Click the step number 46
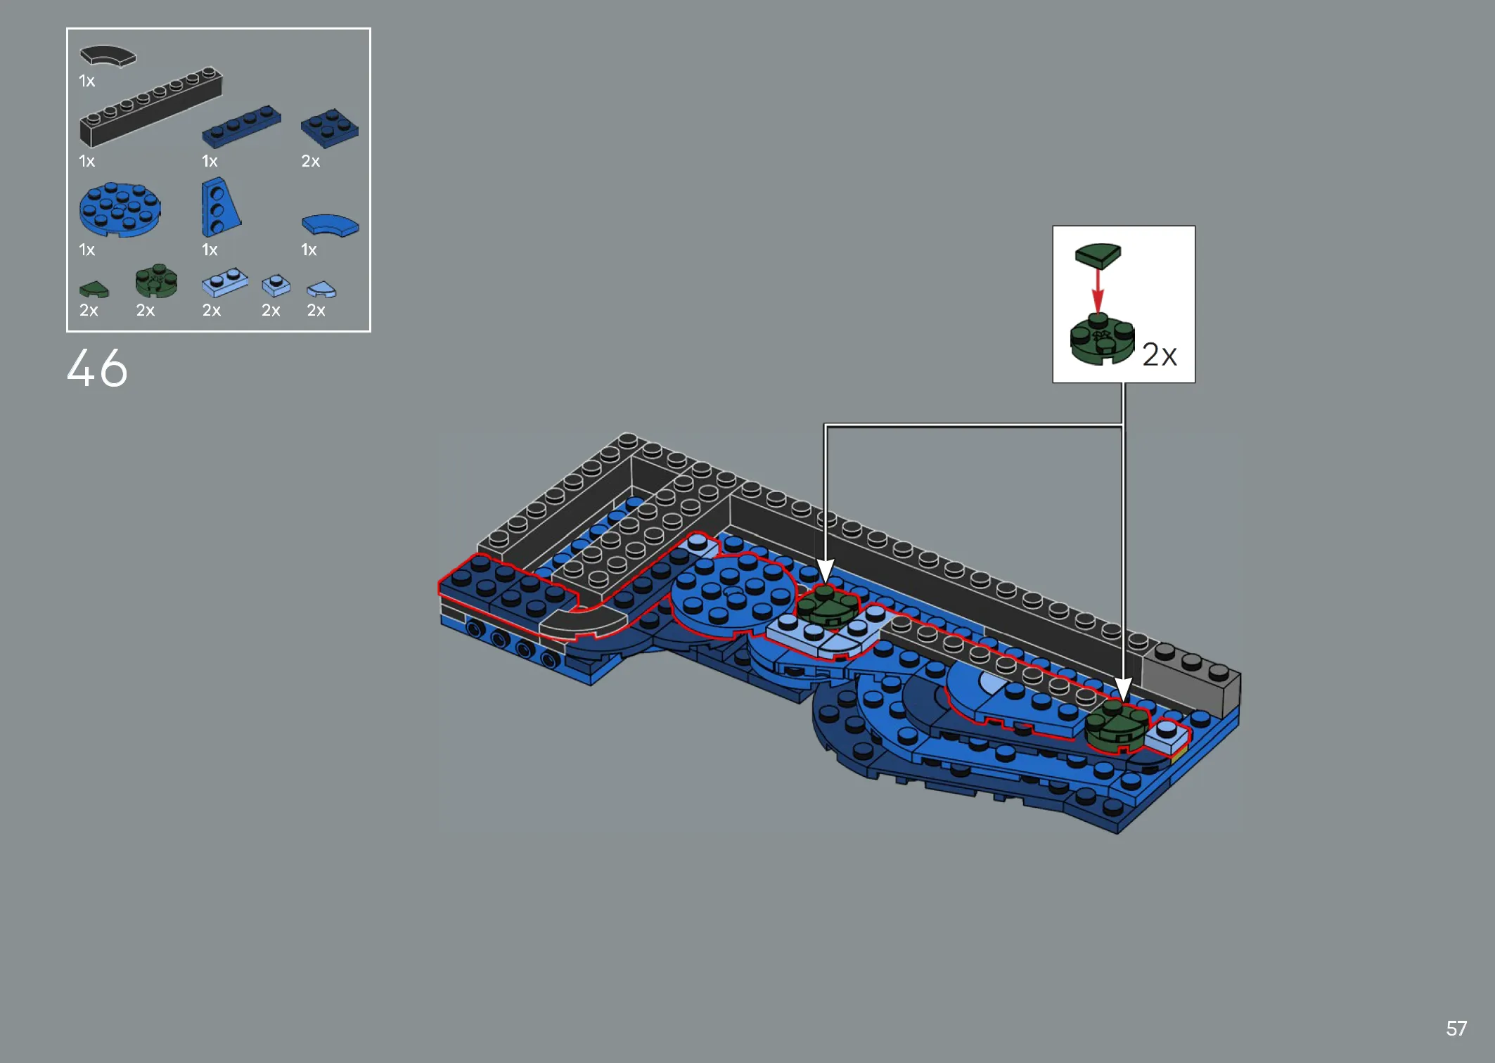(97, 368)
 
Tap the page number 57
(1456, 1029)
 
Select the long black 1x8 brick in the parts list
(150, 107)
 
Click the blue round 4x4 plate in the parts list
(120, 210)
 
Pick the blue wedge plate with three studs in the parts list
(220, 207)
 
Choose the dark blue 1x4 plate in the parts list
(241, 127)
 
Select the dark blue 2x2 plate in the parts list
(330, 129)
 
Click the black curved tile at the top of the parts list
(108, 56)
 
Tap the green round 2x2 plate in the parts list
(156, 281)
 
